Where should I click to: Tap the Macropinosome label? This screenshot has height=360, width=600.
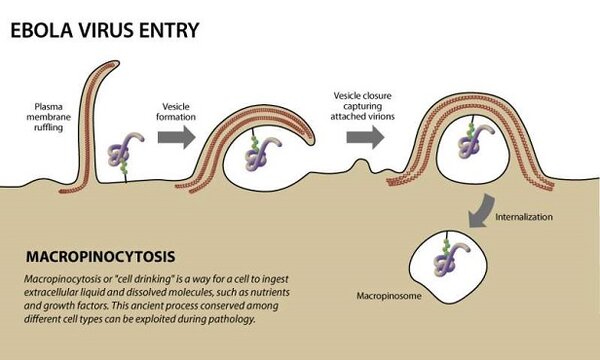point(385,297)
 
